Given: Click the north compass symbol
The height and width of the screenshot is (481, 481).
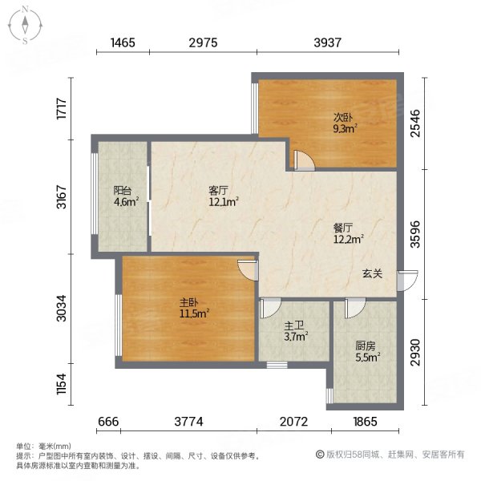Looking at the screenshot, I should [x=25, y=24].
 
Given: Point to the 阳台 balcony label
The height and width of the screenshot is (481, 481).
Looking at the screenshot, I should [x=122, y=190].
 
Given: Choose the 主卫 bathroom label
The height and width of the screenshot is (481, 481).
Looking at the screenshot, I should [x=293, y=326].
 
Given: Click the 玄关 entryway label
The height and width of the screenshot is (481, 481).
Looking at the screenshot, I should [x=372, y=273].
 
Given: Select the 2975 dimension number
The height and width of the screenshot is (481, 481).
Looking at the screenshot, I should [x=204, y=42].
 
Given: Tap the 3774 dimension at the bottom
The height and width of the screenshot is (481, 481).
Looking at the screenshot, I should [x=188, y=422].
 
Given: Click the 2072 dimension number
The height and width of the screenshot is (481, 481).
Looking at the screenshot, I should [x=295, y=422].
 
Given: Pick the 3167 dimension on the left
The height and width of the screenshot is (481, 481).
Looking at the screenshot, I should [x=62, y=197].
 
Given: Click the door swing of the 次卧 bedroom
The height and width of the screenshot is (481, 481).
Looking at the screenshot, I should [x=304, y=159].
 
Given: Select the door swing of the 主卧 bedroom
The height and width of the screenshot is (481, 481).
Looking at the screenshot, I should [x=248, y=269].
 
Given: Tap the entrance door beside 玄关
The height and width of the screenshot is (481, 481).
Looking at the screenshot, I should [x=408, y=281].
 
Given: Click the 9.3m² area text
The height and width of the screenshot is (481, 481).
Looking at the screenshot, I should [x=345, y=127].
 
